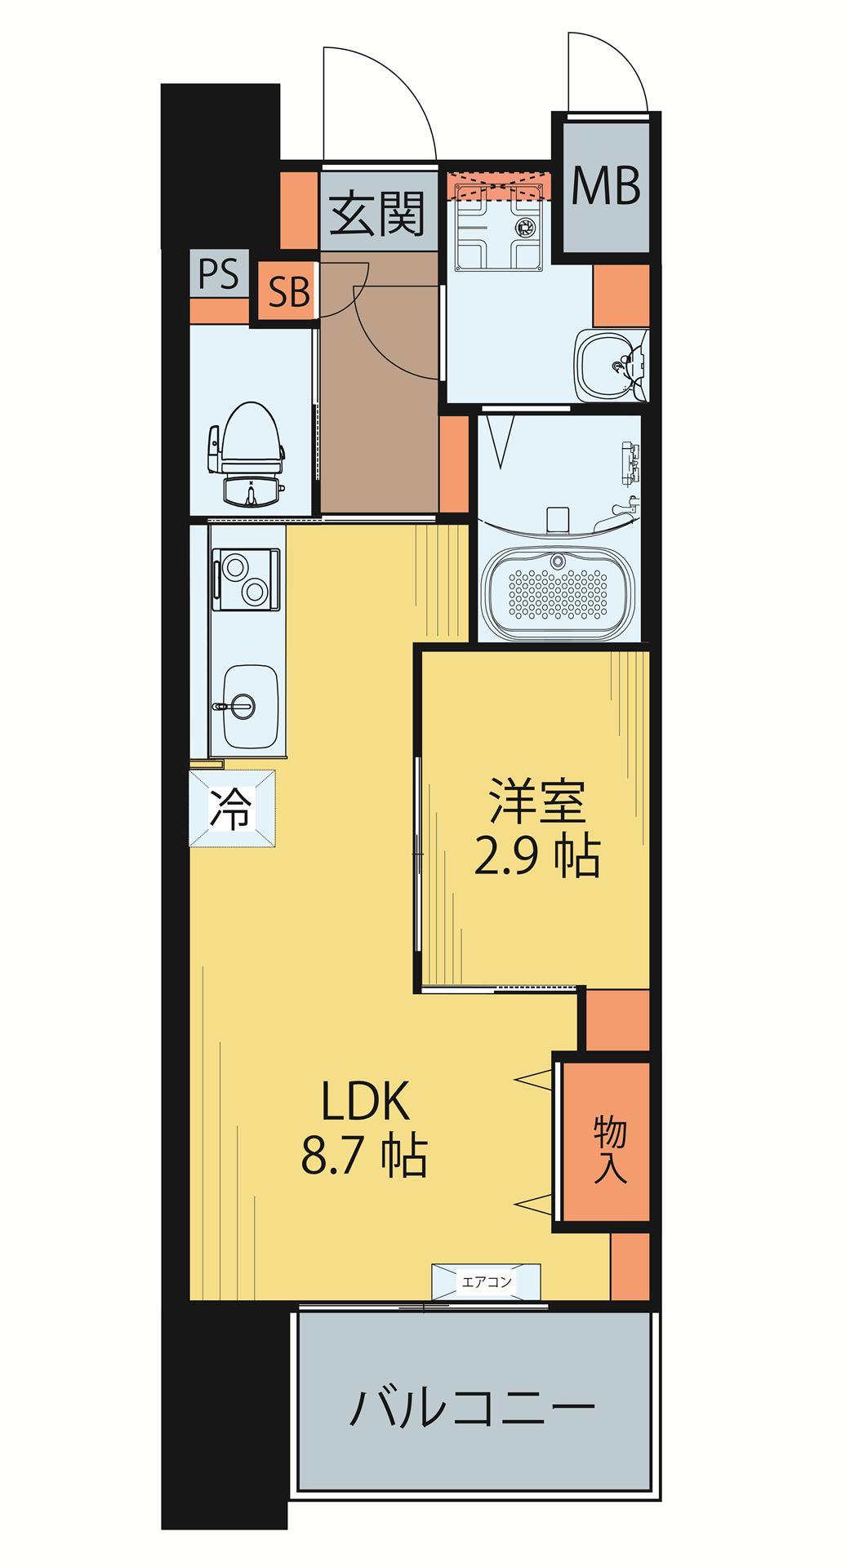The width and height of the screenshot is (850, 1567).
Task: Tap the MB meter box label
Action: (605, 186)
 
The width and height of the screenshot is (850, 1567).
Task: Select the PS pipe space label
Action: (220, 273)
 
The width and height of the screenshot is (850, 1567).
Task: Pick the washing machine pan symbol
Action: (500, 226)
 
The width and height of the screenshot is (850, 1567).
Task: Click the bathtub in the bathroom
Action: (557, 588)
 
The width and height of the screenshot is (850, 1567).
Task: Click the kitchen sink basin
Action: (251, 703)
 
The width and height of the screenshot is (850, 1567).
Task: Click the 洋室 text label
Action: (536, 803)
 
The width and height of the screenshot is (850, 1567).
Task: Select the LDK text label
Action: (364, 1103)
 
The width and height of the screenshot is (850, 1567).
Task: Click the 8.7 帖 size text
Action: (364, 1156)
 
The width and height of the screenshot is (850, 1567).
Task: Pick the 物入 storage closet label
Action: (609, 1149)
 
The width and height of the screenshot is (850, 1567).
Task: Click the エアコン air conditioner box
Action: (487, 1281)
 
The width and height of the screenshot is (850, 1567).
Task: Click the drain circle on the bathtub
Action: (558, 562)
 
